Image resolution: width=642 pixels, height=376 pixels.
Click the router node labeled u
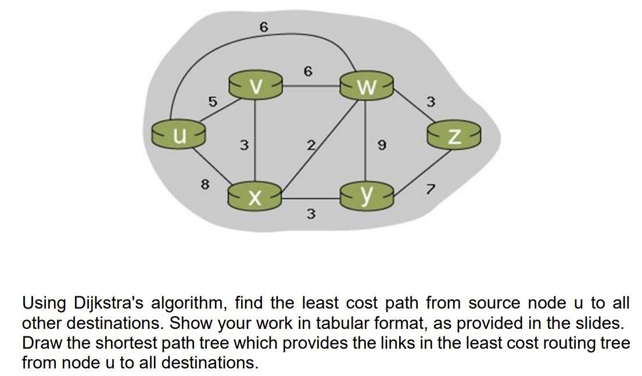click(179, 134)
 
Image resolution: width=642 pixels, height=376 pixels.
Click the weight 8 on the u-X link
click(204, 184)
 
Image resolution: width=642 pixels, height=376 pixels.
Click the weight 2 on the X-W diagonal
click(311, 145)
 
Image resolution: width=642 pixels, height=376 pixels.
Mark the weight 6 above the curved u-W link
click(264, 27)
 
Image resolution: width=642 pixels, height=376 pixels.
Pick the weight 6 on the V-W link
click(308, 71)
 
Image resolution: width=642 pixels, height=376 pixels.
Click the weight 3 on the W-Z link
click(430, 102)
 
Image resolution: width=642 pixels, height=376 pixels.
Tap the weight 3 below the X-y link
click(311, 214)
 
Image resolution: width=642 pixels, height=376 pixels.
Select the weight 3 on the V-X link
click(245, 145)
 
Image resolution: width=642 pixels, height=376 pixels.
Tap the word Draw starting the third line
click(42, 343)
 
